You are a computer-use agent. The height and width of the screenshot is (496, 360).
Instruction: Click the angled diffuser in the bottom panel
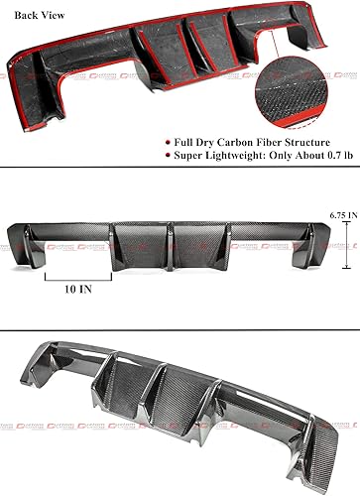pyautogui.click(x=179, y=407)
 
